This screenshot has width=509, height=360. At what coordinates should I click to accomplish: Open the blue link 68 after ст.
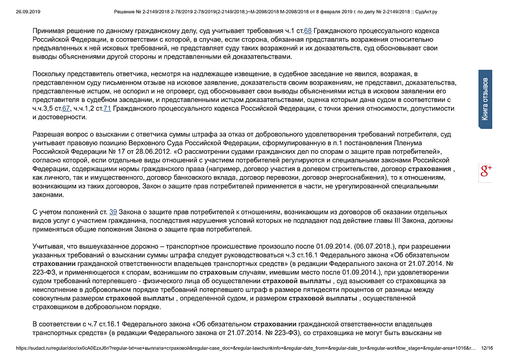[307, 31]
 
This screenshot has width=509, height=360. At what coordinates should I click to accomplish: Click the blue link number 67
[65, 109]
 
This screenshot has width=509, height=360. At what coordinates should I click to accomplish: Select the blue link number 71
[107, 109]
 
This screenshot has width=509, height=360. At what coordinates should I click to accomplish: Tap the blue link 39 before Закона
[113, 212]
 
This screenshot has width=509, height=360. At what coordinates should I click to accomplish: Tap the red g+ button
[486, 172]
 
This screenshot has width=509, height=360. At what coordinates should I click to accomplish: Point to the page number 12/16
[487, 349]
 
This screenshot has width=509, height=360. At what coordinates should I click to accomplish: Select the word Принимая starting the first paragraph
[49, 31]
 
